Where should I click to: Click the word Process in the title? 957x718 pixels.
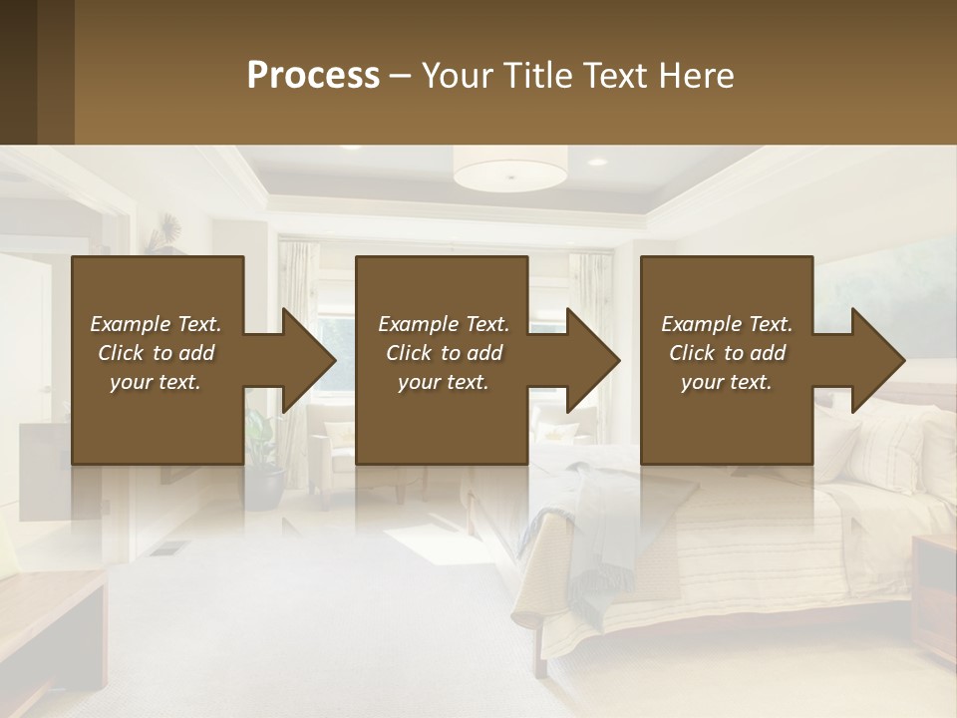coord(313,75)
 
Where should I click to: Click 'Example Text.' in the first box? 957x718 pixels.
coord(156,324)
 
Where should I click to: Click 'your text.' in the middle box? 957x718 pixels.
coord(443,383)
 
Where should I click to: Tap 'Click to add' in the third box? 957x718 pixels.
coord(727,353)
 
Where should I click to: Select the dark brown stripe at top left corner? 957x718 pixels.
coord(36,72)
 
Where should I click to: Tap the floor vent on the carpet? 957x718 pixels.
coord(170,547)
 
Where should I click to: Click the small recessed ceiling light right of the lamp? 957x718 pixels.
coord(596,162)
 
